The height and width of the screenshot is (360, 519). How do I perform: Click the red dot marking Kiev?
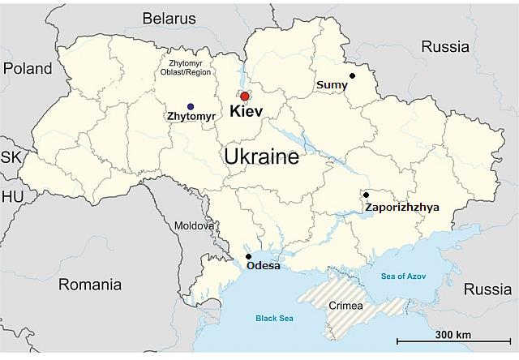(245, 96)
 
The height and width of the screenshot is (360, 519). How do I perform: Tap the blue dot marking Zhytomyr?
(190, 106)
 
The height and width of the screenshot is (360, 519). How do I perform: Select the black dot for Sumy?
(352, 76)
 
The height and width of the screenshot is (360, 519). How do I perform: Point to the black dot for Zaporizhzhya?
(366, 195)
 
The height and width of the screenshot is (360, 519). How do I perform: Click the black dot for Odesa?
(248, 256)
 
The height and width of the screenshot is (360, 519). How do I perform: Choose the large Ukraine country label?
(261, 156)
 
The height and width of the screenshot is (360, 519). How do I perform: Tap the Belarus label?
(169, 18)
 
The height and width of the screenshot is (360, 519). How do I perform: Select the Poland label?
(27, 69)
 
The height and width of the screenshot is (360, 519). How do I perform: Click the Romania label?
(89, 285)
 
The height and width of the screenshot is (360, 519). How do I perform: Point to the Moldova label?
(193, 225)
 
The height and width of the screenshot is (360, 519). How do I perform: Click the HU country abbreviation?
(12, 197)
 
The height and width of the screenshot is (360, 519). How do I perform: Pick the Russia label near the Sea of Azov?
(487, 289)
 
